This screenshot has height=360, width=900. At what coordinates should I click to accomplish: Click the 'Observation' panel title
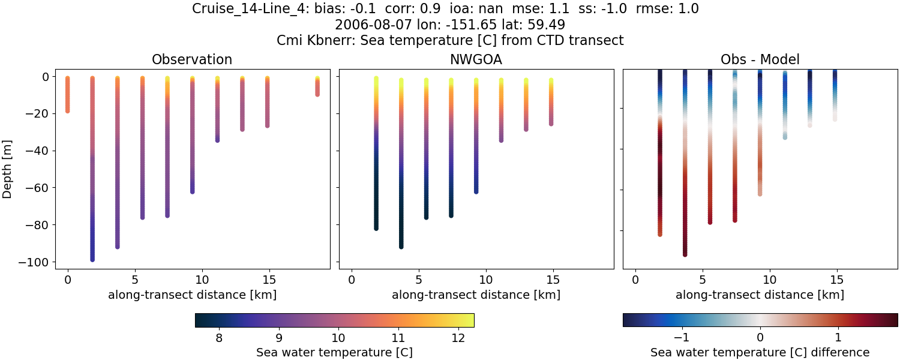192,59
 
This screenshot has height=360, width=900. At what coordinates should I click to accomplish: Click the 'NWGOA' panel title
476,59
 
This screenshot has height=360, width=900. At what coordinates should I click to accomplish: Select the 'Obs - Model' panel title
760,59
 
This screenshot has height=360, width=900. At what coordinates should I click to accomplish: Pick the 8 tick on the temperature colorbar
219,338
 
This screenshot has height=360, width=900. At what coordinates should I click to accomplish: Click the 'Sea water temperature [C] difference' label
760,352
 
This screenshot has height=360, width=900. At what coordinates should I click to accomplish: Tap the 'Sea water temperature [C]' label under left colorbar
334,352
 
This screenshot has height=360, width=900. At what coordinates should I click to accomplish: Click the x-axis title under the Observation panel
192,295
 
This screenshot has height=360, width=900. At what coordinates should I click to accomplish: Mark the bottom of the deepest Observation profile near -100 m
92,259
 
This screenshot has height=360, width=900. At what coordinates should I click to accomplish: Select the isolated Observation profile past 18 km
317,87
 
